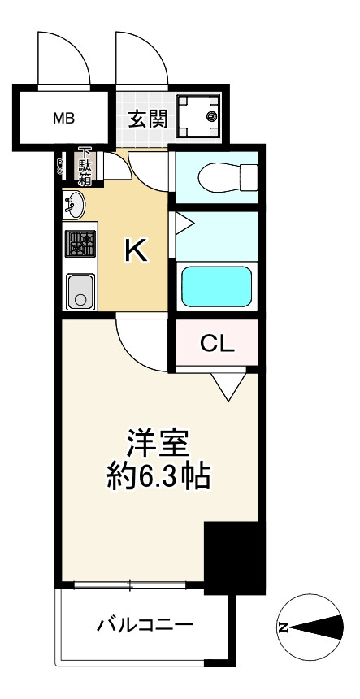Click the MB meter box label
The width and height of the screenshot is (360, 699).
pos(64,119)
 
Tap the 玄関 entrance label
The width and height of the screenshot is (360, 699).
pos(148,119)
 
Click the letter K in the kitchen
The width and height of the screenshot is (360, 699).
pos(136,252)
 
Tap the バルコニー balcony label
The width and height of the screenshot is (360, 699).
pos(145,626)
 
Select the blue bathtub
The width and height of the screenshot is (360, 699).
pos(215,285)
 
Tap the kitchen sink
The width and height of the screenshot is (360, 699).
pos(80,290)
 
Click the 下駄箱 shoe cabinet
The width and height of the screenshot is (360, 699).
pos(85,167)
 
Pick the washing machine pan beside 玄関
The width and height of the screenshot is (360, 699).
pos(199,117)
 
